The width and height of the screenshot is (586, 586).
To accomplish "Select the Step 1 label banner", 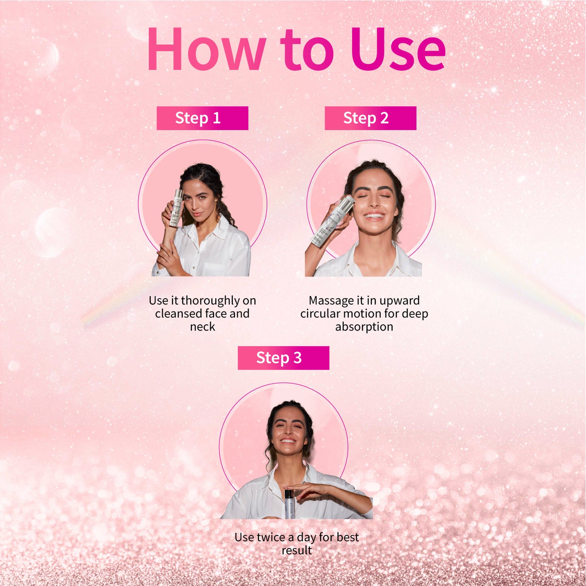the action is (x=202, y=118).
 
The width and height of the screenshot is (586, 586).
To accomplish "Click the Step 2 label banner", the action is (x=370, y=118).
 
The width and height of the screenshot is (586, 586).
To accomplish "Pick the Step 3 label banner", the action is (x=283, y=358).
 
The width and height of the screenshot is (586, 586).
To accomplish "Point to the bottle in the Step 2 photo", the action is (x=332, y=221).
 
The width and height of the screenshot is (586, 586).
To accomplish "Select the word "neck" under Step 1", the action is (x=202, y=326).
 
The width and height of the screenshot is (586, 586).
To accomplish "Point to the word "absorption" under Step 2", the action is (x=364, y=327).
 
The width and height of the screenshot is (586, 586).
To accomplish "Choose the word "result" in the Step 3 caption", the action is (x=297, y=550).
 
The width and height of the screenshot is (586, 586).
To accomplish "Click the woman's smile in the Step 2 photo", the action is (x=374, y=216).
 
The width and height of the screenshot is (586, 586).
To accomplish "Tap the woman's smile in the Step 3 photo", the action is (x=288, y=440).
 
